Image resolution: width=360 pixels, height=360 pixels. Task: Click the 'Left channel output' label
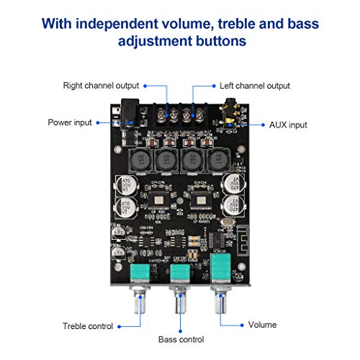[x=255, y=86]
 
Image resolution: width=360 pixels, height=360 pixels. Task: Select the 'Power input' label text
[x=70, y=122]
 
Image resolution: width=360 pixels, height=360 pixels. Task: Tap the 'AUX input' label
[x=288, y=124]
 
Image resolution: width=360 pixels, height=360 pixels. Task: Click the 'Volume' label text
[x=262, y=325]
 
